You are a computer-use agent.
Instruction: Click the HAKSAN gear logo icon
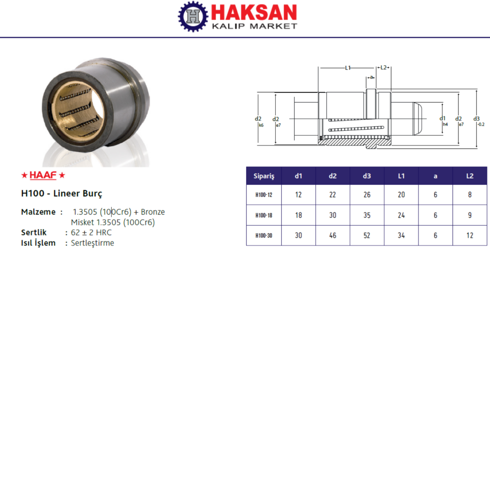tap(193, 16)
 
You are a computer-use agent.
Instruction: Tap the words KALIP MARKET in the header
tap(254, 26)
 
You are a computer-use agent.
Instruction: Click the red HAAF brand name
tap(43, 176)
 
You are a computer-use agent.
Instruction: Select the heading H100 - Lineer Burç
tap(62, 194)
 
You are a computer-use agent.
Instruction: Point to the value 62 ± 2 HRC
tap(91, 233)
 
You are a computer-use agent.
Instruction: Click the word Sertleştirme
tap(92, 243)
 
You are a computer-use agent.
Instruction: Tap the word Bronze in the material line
tap(153, 212)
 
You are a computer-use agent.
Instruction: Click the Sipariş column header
tap(264, 176)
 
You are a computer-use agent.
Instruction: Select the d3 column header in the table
tap(367, 176)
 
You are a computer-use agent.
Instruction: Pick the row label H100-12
tap(264, 195)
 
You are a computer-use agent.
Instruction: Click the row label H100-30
tap(264, 236)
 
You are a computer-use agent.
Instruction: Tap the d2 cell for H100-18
tap(333, 215)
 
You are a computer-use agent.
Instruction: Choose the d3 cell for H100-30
tap(367, 236)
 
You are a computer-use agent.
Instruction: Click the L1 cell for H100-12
tap(401, 195)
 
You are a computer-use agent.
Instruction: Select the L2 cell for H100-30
tap(470, 236)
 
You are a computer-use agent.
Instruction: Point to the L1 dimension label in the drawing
tap(348, 67)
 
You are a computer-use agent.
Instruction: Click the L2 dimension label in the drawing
tap(383, 67)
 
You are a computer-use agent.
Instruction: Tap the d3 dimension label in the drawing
tap(477, 118)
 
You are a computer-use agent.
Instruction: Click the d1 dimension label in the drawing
tap(443, 118)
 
